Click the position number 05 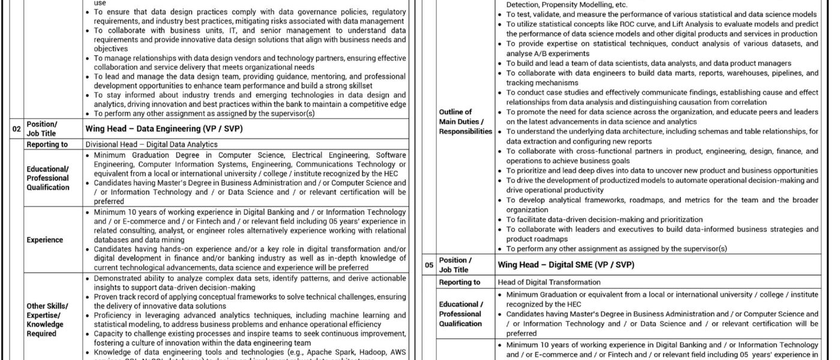click(x=428, y=265)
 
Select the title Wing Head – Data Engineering click(x=164, y=128)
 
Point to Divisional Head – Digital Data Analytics click(x=151, y=145)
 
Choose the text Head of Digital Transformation click(x=549, y=282)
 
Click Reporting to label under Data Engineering click(x=47, y=145)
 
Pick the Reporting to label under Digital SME click(x=460, y=282)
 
